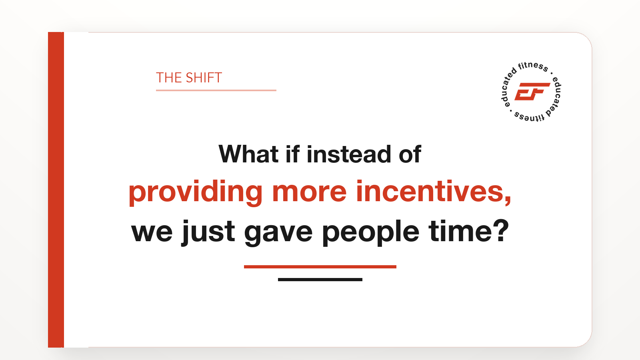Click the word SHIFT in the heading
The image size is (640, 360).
204,78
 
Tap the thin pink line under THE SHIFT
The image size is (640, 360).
216,90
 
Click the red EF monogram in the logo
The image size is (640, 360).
532,92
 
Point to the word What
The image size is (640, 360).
248,154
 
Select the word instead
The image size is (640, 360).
348,154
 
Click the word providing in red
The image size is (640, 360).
196,192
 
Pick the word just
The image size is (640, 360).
208,232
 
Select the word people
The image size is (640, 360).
370,233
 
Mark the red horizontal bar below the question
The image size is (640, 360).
320,267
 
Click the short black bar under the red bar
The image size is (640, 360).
320,280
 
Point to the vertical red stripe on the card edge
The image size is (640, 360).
56,190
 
